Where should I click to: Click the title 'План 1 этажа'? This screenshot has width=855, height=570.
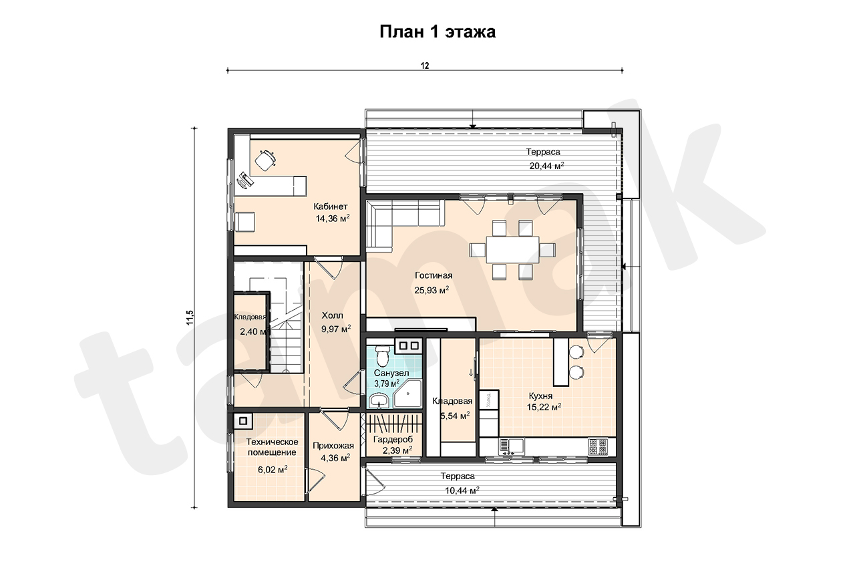point(438,31)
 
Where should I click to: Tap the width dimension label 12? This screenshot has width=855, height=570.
point(425,66)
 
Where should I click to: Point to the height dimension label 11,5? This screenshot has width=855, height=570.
point(190,317)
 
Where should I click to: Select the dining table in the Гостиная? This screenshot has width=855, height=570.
point(512,250)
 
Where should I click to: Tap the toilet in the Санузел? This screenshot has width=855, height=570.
point(381,355)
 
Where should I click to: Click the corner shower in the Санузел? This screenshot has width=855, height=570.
point(407,393)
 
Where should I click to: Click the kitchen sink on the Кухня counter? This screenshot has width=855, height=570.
point(512,446)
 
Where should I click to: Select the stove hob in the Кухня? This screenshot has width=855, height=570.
point(598,446)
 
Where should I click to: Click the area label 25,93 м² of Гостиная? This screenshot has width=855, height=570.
point(432,290)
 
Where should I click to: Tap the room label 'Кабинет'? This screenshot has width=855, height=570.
point(331,206)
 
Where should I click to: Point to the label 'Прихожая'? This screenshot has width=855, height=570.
point(333,446)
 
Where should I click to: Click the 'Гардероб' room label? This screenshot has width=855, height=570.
point(393,439)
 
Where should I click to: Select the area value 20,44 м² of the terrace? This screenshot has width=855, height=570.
point(546,165)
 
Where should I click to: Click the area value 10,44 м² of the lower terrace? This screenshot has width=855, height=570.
point(462,490)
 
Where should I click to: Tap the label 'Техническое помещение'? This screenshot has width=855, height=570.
point(272,447)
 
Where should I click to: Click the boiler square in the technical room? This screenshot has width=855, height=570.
point(242,421)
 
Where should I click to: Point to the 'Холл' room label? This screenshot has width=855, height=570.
point(333,315)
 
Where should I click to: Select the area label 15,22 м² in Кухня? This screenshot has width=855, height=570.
point(544,407)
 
